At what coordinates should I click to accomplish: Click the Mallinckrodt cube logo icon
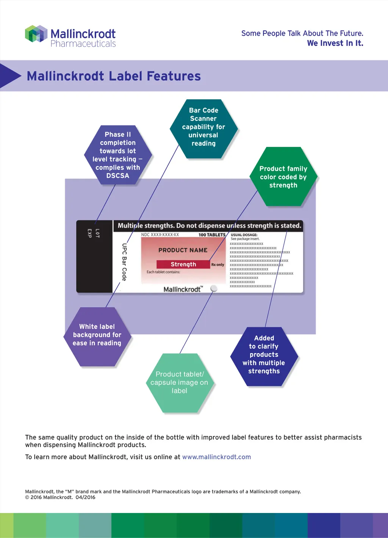coord(36,34)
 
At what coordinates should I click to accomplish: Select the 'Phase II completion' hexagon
coord(117,155)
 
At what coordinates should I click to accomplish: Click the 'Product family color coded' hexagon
coord(283,177)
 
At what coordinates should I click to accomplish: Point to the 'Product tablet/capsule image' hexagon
coord(179,382)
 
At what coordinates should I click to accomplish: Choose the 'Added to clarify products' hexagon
coord(264,355)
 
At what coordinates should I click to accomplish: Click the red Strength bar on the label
coord(183,264)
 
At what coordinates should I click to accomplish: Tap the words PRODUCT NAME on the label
coord(183,250)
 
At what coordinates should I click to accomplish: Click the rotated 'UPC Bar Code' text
coord(124,262)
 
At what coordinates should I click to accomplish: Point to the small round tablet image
coord(214,288)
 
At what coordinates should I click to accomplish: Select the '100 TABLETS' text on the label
coord(212,235)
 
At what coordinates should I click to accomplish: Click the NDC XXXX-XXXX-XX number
coord(160,235)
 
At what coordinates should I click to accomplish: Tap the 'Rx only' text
coord(217,264)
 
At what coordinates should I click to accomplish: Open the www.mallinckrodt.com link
coord(216,457)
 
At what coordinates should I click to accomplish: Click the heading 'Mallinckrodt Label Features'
coord(114,76)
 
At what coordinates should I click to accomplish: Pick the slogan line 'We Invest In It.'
coord(335,43)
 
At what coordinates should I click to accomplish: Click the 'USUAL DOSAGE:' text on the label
coord(244,235)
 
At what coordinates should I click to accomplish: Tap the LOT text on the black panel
coord(97,233)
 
